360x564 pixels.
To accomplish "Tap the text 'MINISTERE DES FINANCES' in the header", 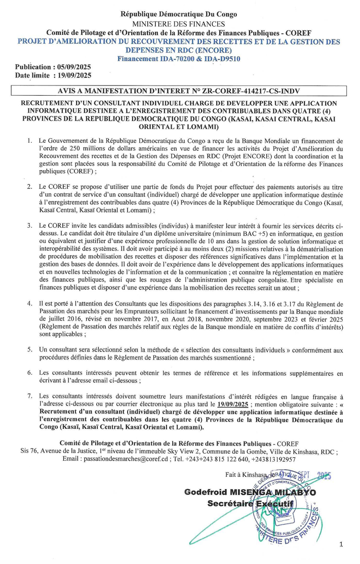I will click(179, 23).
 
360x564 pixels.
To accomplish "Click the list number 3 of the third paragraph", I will click(30, 225).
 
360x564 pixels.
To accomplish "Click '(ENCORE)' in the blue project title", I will click(209, 50).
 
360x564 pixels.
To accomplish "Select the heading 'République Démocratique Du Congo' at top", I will click(179, 15).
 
